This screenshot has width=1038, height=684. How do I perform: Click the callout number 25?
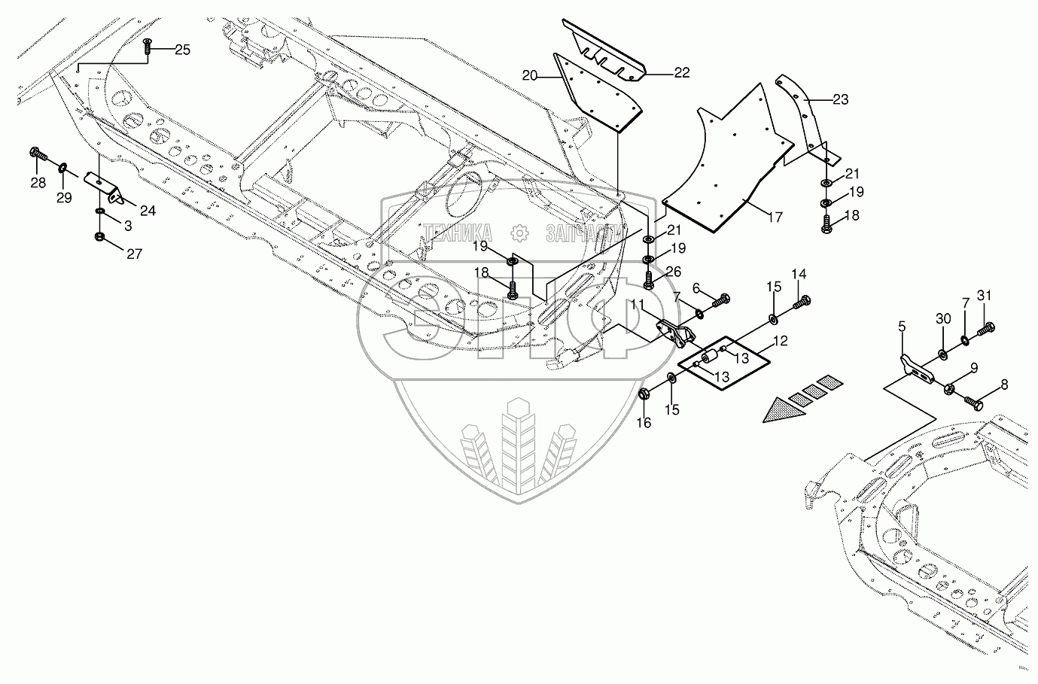coord(182,50)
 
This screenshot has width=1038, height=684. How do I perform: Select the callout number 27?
coord(133,254)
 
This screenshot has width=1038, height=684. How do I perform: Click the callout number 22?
coord(681,73)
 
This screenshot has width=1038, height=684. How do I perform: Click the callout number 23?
coord(840,98)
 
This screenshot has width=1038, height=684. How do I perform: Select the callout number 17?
coord(775,217)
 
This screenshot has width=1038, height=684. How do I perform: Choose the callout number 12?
coord(781,341)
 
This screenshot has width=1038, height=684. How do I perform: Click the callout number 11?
coord(638,305)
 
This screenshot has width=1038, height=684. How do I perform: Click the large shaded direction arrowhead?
coord(779,409)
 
